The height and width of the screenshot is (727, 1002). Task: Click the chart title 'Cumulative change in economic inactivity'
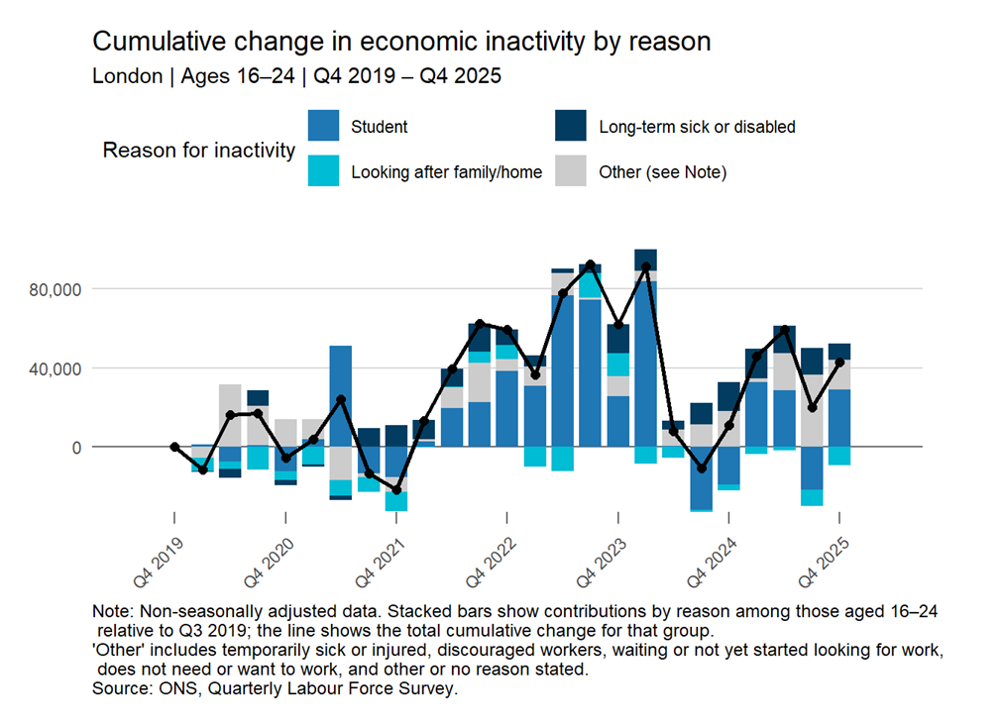tap(339, 42)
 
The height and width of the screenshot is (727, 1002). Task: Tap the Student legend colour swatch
tap(323, 125)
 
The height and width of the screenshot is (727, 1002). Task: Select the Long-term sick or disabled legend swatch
tap(571, 125)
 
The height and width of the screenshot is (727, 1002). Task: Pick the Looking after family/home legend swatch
tap(323, 170)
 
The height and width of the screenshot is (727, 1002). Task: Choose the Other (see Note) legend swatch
tap(571, 170)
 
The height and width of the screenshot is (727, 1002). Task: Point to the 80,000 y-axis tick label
tap(55, 290)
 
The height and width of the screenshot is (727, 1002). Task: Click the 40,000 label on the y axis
tap(55, 369)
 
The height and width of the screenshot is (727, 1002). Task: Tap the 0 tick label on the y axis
tap(76, 448)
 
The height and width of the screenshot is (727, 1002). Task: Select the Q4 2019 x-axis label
tap(159, 563)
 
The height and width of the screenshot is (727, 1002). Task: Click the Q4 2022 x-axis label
tap(491, 563)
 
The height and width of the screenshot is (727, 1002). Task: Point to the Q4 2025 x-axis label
tap(824, 563)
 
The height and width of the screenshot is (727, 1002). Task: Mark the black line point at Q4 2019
tap(174, 447)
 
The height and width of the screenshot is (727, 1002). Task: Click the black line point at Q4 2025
tap(839, 363)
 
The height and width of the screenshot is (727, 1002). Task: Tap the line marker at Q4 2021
tap(396, 490)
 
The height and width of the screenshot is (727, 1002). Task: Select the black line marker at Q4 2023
tap(617, 325)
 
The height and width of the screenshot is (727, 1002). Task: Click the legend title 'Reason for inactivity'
tap(199, 151)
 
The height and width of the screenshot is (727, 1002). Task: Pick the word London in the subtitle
tap(128, 76)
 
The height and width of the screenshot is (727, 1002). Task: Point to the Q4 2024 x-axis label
tap(713, 563)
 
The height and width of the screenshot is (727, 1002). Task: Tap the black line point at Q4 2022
tap(507, 330)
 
